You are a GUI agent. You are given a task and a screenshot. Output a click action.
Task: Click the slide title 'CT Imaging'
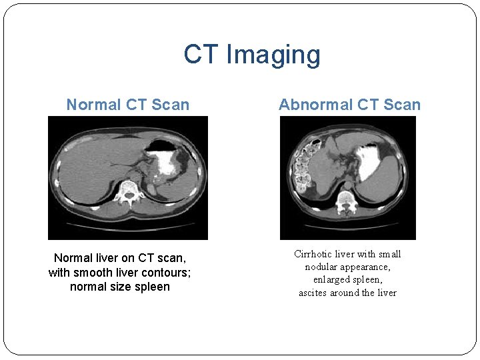[x=252, y=55]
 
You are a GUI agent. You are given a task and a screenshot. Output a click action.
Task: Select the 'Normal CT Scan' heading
[x=128, y=105]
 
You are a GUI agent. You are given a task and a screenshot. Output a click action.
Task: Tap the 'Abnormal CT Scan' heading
[x=349, y=105]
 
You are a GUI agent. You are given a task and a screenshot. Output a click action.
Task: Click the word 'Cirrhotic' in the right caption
[x=315, y=254]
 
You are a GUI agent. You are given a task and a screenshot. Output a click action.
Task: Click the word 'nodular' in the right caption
[x=322, y=267]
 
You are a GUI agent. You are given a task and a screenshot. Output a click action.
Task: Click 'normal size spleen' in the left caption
[x=120, y=287]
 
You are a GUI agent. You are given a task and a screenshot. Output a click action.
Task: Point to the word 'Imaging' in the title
[x=273, y=55]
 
